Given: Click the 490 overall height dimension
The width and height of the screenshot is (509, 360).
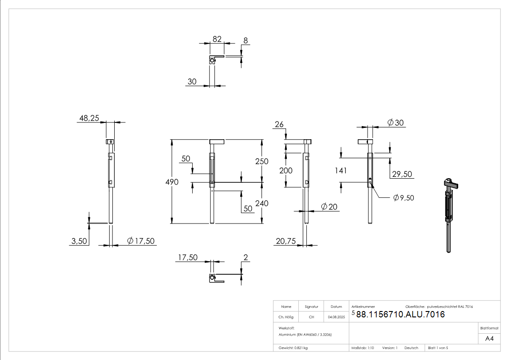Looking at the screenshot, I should pyautogui.click(x=172, y=182).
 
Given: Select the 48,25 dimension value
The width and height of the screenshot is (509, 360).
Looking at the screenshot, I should pyautogui.click(x=89, y=118).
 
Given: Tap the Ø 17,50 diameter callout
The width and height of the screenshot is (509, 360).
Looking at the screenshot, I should pyautogui.click(x=141, y=241).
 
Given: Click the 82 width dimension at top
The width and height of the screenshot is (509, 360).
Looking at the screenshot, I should pyautogui.click(x=217, y=39).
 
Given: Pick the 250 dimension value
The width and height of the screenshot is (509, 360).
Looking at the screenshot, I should pyautogui.click(x=262, y=161).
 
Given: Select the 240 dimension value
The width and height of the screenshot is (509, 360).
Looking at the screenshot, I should pyautogui.click(x=262, y=203).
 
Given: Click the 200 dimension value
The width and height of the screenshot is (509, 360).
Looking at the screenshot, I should pyautogui.click(x=286, y=170).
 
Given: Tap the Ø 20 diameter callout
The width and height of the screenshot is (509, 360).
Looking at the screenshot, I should pyautogui.click(x=329, y=207).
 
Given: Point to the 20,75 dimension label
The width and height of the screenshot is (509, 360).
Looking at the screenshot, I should pyautogui.click(x=285, y=242).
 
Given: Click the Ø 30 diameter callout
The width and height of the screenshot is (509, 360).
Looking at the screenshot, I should pyautogui.click(x=396, y=122).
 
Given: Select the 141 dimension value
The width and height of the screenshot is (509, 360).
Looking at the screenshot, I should pyautogui.click(x=340, y=170).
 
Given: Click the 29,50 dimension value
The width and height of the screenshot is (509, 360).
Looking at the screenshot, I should pyautogui.click(x=401, y=174).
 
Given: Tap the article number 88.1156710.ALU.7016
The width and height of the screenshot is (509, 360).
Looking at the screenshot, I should pyautogui.click(x=400, y=314).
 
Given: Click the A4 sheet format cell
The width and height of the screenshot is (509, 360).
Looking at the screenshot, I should pyautogui.click(x=490, y=339).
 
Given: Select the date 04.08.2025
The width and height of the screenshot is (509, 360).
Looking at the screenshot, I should pyautogui.click(x=336, y=317).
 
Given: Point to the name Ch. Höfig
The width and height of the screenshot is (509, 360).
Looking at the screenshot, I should pyautogui.click(x=286, y=317).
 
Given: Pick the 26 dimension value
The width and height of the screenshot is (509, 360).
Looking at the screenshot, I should pyautogui.click(x=279, y=124).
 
